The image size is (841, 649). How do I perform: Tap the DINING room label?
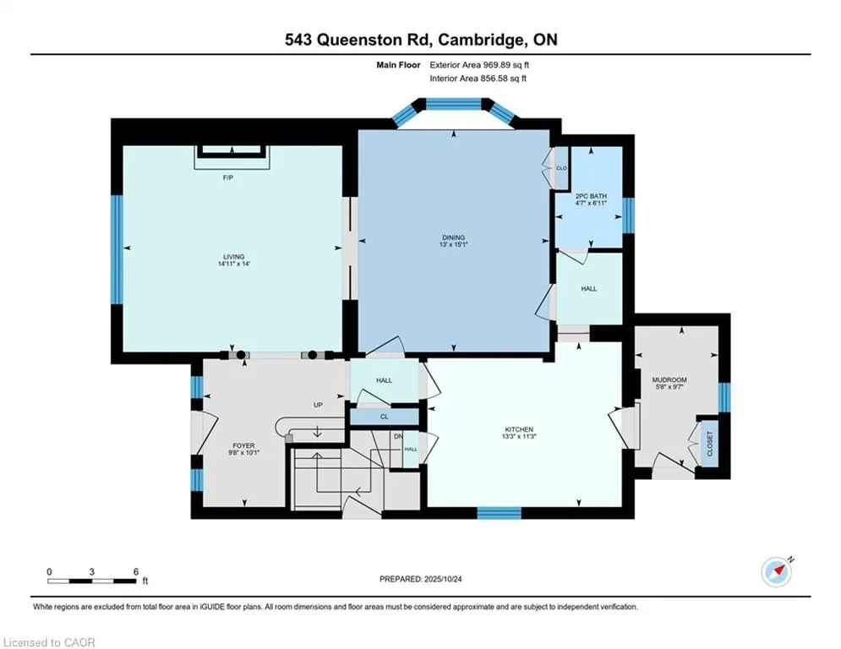pyautogui.click(x=453, y=237)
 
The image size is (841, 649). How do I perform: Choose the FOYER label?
pyautogui.click(x=243, y=445)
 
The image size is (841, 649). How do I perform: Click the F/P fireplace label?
pyautogui.click(x=227, y=177)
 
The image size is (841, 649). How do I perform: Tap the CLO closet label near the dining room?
pyautogui.click(x=560, y=168)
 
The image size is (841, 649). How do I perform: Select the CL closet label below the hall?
pyautogui.click(x=384, y=417)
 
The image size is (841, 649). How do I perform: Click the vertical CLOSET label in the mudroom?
pyautogui.click(x=710, y=443)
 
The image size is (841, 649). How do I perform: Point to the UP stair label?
pyautogui.click(x=319, y=405)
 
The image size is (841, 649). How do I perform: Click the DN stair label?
pyautogui.click(x=398, y=436)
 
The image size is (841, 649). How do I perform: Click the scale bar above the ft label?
pyautogui.click(x=92, y=581)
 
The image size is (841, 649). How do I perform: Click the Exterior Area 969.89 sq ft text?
pyautogui.click(x=479, y=64)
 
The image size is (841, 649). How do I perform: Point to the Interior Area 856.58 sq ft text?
pyautogui.click(x=478, y=79)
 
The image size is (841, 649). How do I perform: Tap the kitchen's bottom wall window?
pyautogui.click(x=498, y=512)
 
